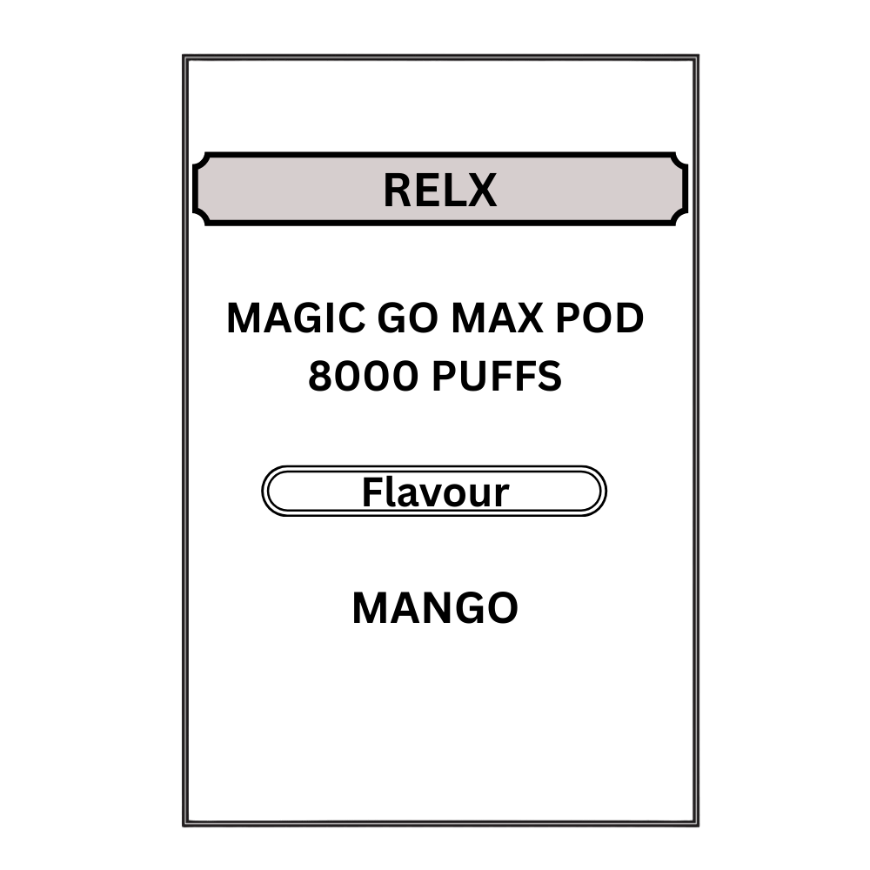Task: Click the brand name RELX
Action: point(439,190)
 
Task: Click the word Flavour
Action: point(435,492)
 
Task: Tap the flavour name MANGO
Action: point(435,608)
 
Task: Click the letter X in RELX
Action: point(481,190)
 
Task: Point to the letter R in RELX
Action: point(398,190)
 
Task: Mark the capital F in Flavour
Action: point(371,492)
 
